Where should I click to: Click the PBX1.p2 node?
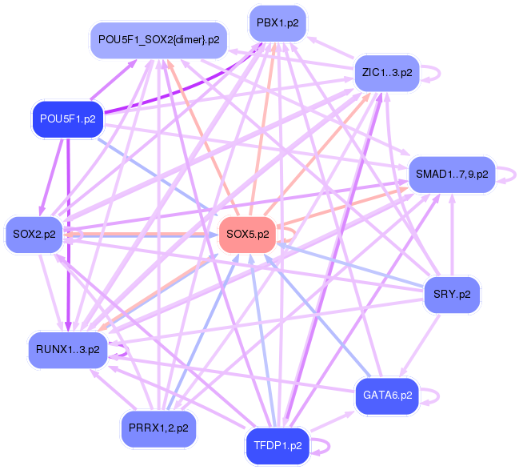[x=277, y=23]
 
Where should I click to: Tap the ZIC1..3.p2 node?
[x=387, y=73]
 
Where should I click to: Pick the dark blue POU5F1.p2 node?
[x=67, y=119]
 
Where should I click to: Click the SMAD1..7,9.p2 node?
[x=453, y=174]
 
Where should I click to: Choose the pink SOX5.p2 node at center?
[x=248, y=235]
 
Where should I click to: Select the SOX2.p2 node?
[x=34, y=235]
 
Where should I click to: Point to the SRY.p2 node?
[x=453, y=294]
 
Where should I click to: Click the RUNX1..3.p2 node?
[x=67, y=349]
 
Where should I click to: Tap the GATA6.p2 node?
[x=387, y=396]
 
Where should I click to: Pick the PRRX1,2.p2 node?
[x=158, y=428]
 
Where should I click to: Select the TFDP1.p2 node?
[x=277, y=444]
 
